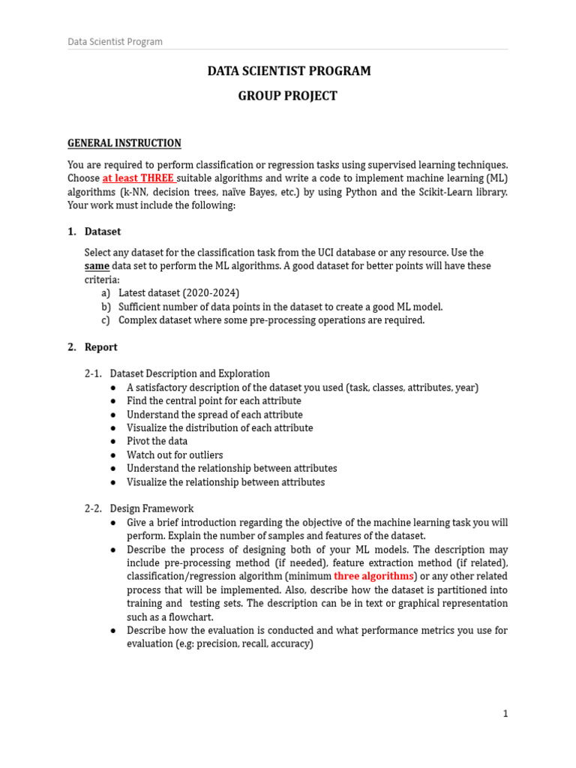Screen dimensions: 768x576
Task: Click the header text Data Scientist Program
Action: click(115, 42)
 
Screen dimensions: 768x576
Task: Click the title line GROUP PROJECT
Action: click(288, 96)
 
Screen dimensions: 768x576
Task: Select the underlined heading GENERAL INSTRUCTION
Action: click(124, 143)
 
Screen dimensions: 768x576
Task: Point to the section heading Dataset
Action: click(103, 232)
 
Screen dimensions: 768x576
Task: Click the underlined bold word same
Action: click(97, 266)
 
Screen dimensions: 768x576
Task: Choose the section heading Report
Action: click(101, 347)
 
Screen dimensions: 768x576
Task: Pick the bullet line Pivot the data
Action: click(157, 441)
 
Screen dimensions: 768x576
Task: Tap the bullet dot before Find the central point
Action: click(112, 401)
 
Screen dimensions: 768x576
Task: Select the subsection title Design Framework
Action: click(151, 508)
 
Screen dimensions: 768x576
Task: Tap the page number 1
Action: click(505, 714)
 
